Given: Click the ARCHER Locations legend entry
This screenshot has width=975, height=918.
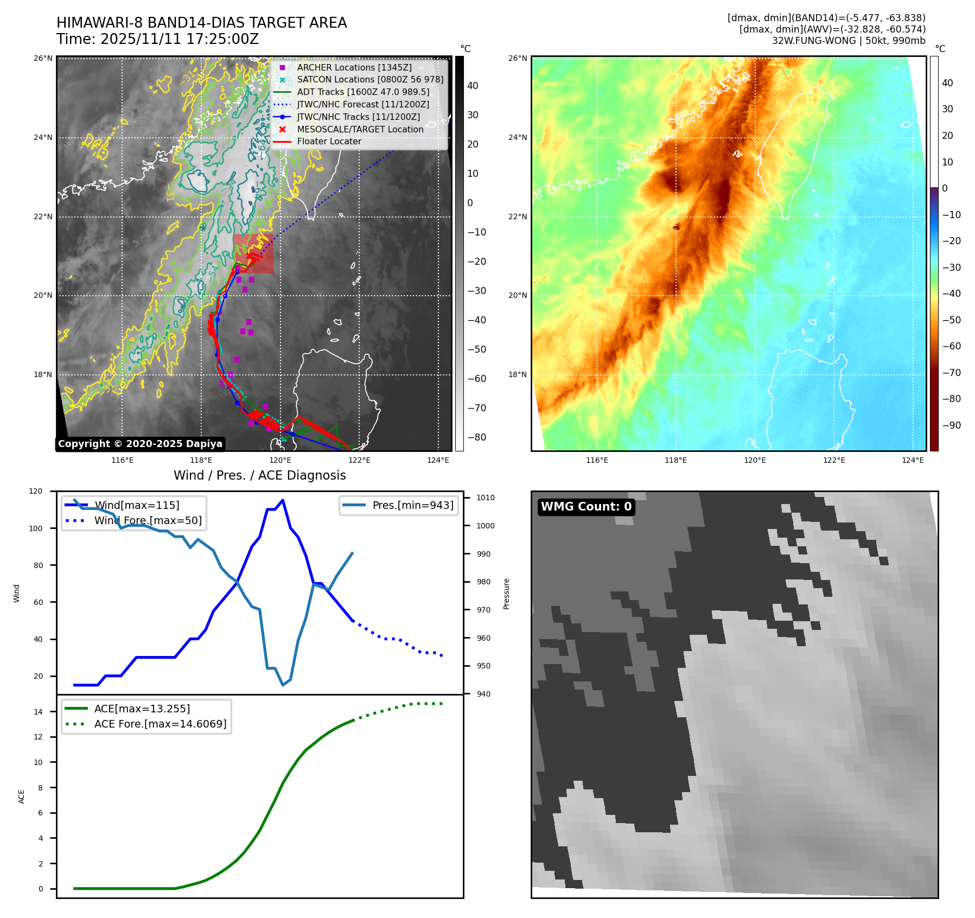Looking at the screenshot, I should (354, 67).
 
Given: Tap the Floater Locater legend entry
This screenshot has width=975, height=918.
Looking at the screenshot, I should (329, 141).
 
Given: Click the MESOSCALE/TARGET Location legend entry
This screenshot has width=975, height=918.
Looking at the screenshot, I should (360, 129).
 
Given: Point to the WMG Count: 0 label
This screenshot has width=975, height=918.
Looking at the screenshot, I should (586, 507).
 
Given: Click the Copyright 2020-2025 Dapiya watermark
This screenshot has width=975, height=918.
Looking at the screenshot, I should (140, 444).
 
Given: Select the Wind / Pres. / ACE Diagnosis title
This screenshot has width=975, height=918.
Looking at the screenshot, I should (259, 475).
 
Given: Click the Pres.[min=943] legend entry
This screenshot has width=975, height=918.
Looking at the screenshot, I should (412, 505).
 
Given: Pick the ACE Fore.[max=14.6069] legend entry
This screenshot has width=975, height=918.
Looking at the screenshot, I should (160, 724).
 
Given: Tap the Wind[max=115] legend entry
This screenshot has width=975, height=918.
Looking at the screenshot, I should (136, 505).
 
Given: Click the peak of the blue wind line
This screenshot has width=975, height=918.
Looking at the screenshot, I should (283, 500).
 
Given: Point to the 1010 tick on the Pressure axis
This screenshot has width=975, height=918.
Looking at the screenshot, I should (485, 498).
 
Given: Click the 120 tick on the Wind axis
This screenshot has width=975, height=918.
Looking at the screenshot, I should (36, 491).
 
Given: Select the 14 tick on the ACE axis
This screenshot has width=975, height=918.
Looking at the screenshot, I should (38, 712).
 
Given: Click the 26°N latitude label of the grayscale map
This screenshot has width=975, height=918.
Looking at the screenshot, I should (43, 58).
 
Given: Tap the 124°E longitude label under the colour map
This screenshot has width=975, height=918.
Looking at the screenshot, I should (913, 460).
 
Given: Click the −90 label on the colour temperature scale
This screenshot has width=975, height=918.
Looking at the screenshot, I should (951, 425).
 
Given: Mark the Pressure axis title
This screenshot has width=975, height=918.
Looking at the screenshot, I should (506, 594).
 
